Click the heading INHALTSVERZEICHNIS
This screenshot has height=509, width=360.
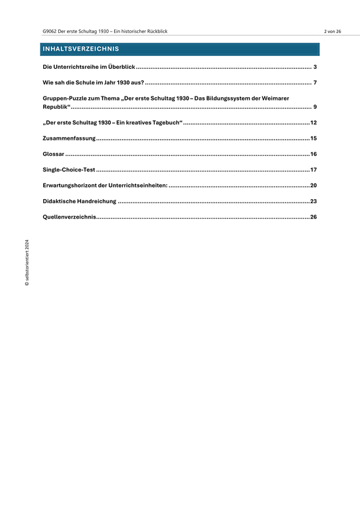[x=80, y=49]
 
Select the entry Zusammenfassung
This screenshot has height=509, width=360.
[x=68, y=138]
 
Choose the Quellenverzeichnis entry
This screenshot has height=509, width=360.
[x=68, y=217]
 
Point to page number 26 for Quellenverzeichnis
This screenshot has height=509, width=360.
[x=313, y=217]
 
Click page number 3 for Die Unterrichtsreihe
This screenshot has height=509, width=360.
[x=315, y=68]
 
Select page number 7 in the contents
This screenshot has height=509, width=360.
[x=315, y=83]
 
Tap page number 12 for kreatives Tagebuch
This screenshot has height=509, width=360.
[x=313, y=123]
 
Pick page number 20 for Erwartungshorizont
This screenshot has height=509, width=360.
[x=313, y=185]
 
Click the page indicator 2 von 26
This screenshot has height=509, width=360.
[x=332, y=32]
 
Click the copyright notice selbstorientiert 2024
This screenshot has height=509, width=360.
[x=28, y=263]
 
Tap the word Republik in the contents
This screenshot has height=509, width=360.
[x=55, y=107]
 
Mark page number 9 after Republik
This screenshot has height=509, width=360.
[x=315, y=107]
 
